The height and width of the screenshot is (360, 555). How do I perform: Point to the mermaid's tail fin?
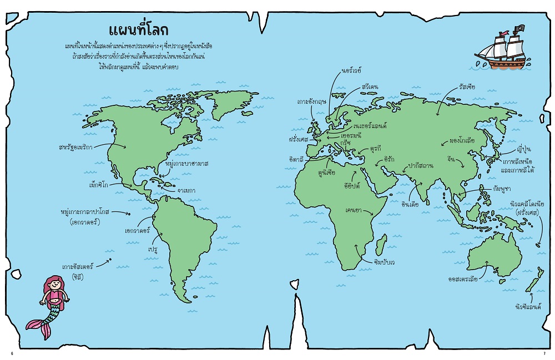(x=38, y=327)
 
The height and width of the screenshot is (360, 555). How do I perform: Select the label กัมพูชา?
(x=505, y=189)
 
